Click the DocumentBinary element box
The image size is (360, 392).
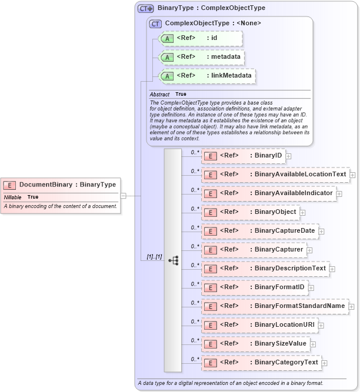pos(61,185)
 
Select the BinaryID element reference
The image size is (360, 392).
pos(243,156)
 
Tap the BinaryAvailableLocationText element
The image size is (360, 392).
pos(275,175)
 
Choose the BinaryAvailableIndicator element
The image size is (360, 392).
pos(268,193)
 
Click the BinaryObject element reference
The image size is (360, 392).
pos(250,212)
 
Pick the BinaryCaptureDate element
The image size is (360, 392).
pos(259,230)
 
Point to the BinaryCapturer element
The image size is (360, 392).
pos(254,250)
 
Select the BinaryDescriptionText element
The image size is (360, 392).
pos(265,269)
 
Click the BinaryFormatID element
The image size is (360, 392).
pos(255,287)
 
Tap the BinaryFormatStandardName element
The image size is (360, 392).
pos(275,306)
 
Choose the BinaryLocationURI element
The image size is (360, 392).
pos(259,324)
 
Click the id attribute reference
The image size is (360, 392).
pos(201,38)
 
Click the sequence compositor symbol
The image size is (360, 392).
pos(173,260)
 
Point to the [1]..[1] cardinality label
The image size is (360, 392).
pos(154,257)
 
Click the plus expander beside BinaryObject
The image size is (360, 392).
pos(303,212)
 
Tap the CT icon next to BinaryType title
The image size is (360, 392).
pos(145,8)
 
